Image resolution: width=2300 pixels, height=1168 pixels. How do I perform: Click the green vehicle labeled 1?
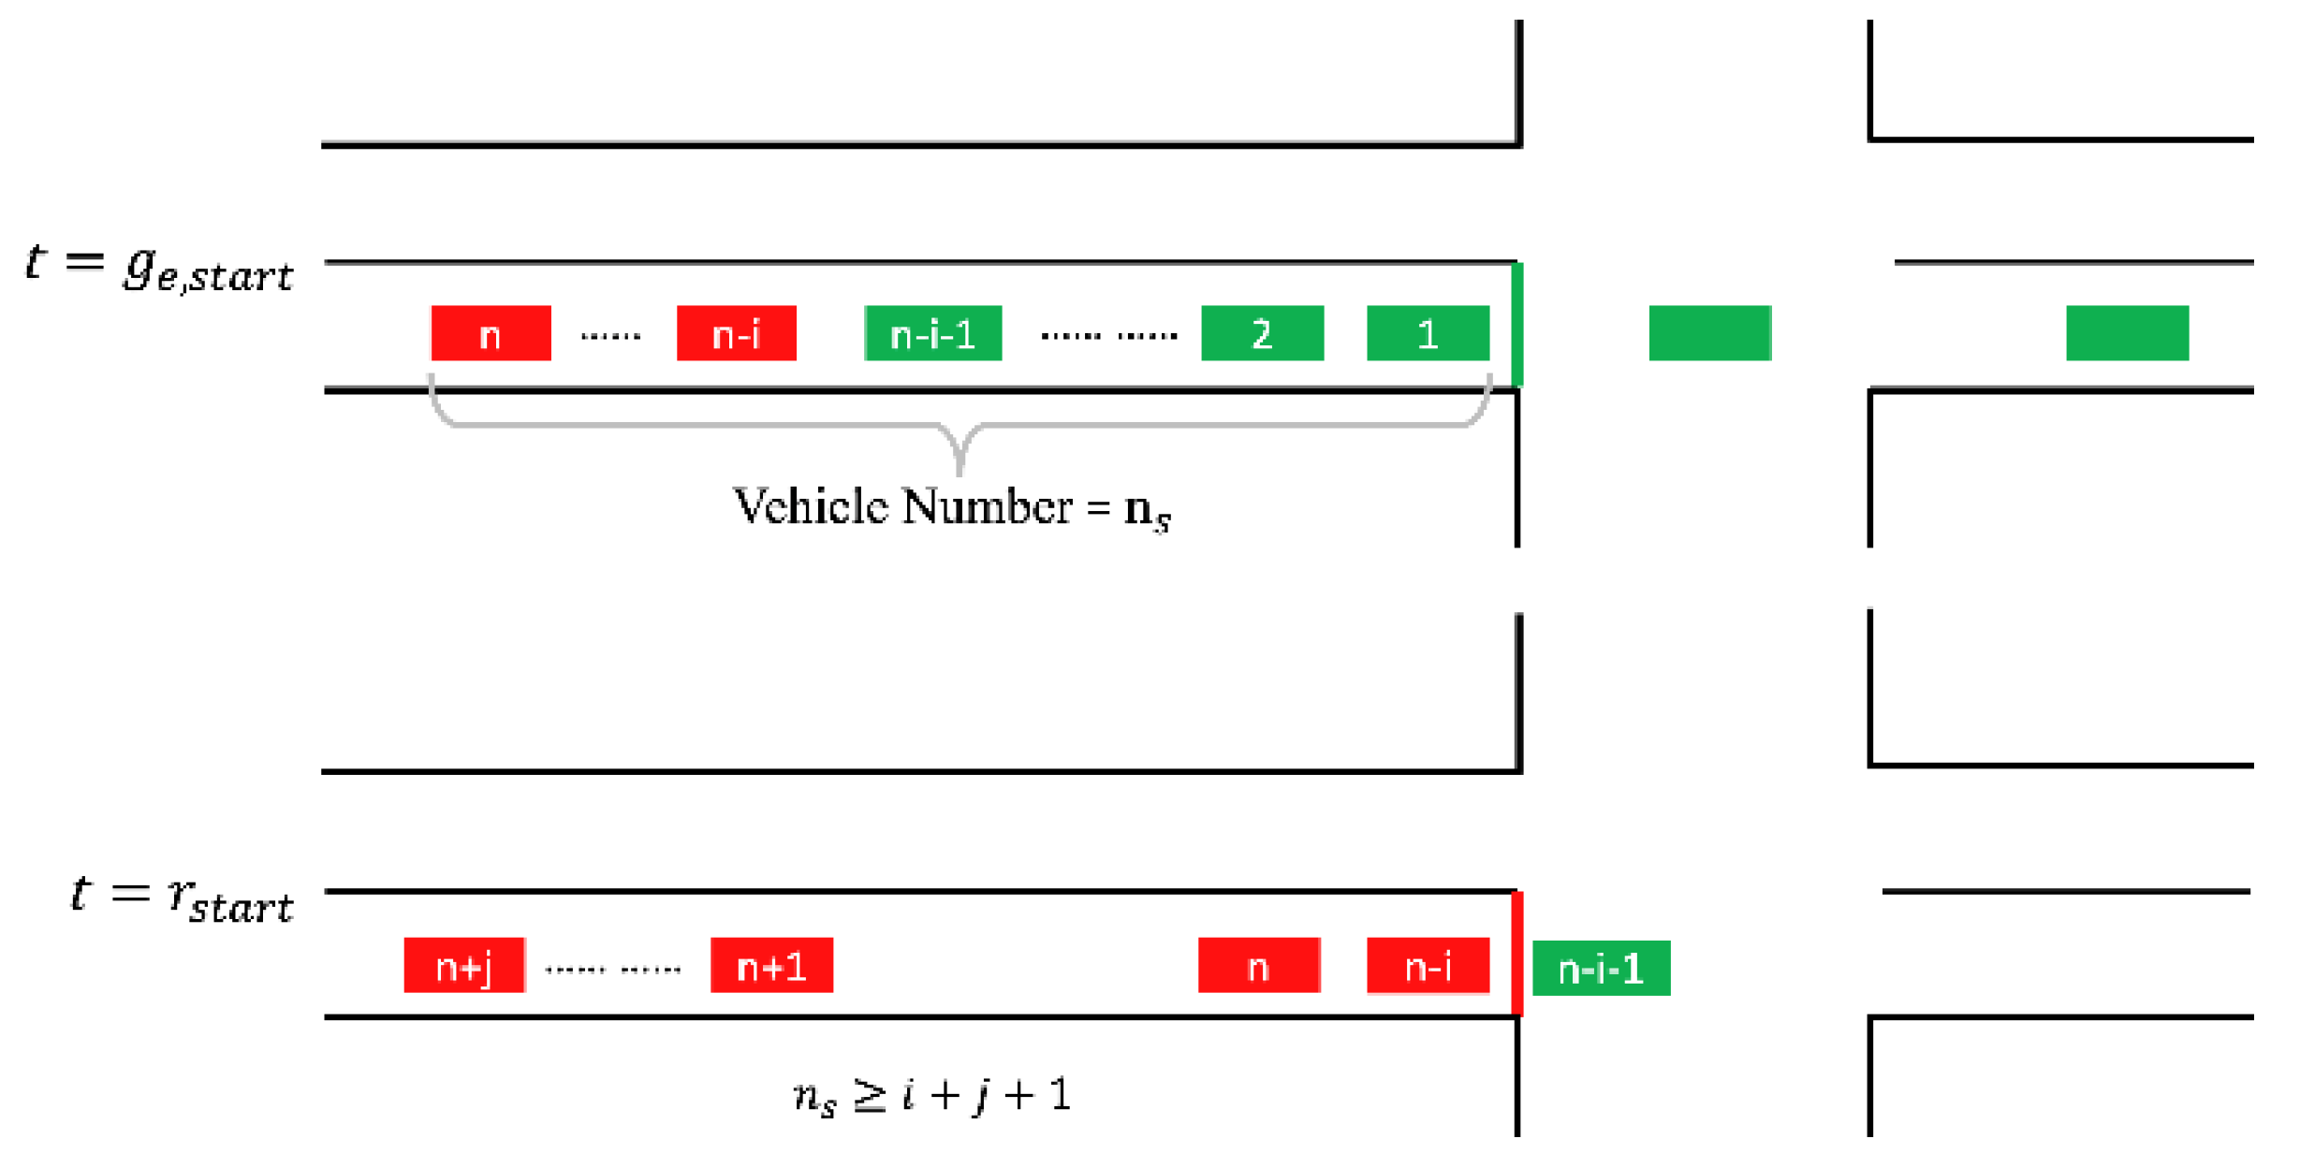[1427, 333]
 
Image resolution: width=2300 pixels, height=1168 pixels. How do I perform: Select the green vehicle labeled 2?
[1262, 333]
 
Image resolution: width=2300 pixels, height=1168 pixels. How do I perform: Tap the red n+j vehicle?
[463, 965]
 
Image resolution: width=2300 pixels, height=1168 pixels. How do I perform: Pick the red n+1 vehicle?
[771, 965]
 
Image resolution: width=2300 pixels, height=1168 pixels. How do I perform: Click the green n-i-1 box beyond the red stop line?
[1601, 969]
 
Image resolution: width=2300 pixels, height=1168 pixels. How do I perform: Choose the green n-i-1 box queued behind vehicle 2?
[932, 333]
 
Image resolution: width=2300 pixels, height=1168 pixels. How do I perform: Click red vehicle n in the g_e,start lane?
[491, 333]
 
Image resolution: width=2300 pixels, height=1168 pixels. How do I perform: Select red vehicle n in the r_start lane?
[1258, 965]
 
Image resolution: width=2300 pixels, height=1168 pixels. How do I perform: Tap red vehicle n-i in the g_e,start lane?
[736, 333]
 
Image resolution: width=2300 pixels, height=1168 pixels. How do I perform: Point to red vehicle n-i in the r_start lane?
[1427, 965]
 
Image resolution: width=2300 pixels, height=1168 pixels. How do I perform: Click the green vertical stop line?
[1517, 325]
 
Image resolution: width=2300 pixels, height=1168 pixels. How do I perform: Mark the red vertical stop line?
[1517, 954]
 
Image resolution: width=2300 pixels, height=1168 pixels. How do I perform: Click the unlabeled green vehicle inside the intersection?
[1709, 333]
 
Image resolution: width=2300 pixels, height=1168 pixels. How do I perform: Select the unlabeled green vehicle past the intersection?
[2127, 333]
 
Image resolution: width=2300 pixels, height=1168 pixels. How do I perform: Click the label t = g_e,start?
[159, 268]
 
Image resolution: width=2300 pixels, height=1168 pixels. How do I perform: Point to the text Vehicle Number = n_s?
[951, 508]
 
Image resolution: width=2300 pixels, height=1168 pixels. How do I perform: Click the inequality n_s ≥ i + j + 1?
[931, 1095]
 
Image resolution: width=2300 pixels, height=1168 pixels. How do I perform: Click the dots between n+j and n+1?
[613, 970]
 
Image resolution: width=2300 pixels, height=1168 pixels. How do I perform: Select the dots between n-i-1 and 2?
[1109, 336]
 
